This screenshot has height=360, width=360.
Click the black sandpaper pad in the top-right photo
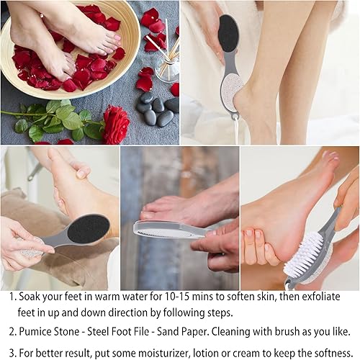pos(228,33)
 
